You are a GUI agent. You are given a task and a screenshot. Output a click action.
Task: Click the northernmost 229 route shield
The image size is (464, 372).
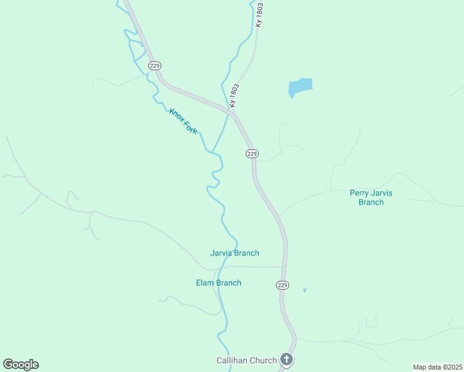[155, 65]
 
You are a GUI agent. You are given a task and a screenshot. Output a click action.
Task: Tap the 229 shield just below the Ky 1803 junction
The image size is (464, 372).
[252, 153]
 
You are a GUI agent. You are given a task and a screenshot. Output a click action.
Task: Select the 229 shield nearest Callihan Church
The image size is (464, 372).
[282, 285]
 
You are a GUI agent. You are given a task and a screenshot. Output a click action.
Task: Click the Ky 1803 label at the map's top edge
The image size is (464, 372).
[259, 14]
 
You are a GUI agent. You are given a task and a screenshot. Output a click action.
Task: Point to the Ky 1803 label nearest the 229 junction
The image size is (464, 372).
[234, 97]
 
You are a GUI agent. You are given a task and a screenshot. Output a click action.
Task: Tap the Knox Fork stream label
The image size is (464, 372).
[183, 121]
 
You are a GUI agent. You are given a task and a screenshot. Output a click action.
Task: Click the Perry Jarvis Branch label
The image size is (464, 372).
[371, 197]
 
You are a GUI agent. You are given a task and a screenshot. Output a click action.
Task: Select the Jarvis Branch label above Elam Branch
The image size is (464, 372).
[234, 253]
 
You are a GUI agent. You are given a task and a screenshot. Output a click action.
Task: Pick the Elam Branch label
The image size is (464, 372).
[218, 283]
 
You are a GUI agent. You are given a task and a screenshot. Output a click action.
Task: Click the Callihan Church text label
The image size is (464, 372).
[246, 360]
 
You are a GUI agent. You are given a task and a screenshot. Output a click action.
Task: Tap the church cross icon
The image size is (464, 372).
[286, 359]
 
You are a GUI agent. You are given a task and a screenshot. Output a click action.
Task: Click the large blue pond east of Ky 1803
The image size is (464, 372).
[300, 87]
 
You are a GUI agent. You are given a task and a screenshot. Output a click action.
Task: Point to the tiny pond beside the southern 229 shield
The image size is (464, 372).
[304, 290]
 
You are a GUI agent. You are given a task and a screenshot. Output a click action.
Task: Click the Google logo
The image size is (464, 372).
[20, 365]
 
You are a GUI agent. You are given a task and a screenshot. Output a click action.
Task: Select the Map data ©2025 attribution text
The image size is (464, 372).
[437, 367]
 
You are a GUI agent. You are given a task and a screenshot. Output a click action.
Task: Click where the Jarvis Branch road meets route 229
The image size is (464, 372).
[284, 267]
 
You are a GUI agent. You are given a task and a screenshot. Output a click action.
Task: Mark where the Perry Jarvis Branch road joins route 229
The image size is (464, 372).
[279, 215]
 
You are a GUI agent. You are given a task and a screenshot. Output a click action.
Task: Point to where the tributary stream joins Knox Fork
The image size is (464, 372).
[213, 151]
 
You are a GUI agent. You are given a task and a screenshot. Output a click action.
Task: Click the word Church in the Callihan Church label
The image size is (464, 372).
[264, 360]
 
